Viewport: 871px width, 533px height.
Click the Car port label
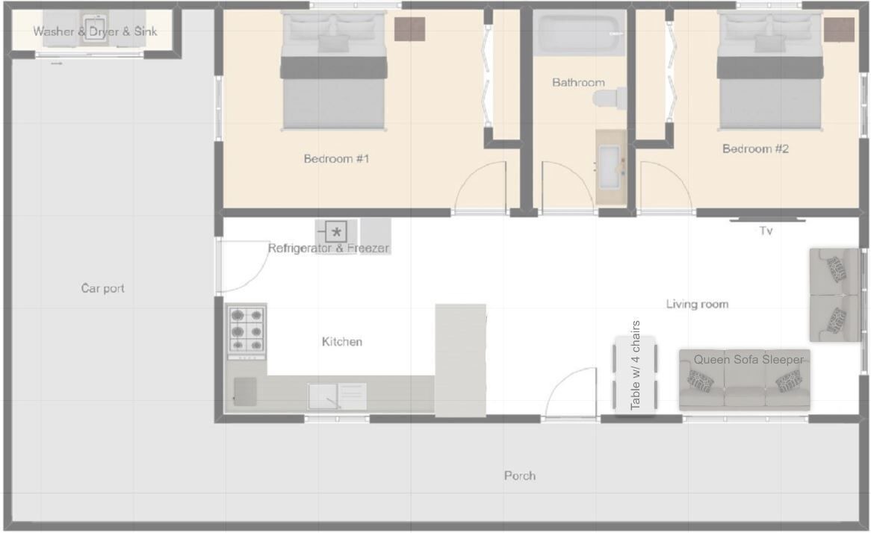(x=103, y=288)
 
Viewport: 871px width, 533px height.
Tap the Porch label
(x=520, y=476)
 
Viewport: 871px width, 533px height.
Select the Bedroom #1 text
(x=336, y=159)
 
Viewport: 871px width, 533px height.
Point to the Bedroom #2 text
(x=755, y=149)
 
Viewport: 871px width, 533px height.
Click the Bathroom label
(x=578, y=83)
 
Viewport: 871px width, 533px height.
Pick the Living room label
(x=697, y=305)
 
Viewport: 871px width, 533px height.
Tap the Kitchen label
(x=341, y=342)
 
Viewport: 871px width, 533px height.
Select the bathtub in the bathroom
(x=580, y=33)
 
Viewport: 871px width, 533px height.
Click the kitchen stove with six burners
(x=247, y=331)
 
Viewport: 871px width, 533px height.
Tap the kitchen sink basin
(x=323, y=396)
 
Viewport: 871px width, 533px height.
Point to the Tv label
(x=766, y=231)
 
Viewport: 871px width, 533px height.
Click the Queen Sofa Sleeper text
(x=748, y=360)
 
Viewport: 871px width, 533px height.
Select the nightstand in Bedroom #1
(x=410, y=29)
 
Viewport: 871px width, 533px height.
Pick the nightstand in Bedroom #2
(x=839, y=29)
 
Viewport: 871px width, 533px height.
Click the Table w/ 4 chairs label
(x=636, y=365)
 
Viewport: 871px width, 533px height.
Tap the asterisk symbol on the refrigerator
(x=336, y=232)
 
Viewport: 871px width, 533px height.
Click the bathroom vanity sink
(x=610, y=167)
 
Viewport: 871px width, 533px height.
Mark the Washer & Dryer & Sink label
(x=95, y=31)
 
